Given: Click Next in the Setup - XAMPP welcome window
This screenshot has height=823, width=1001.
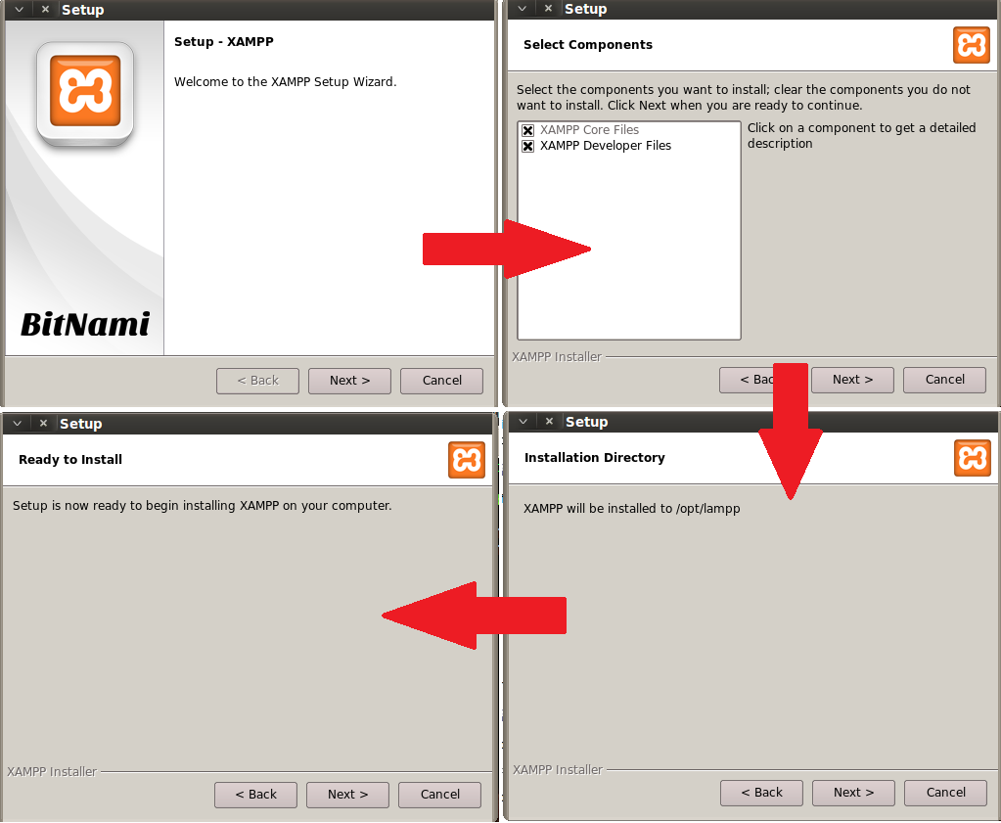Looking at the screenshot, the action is (349, 381).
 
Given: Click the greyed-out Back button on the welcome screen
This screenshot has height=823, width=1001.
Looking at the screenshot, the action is (257, 381).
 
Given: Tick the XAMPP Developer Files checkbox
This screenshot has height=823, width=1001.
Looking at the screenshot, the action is (528, 146).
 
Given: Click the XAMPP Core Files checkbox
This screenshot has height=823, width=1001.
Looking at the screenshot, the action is (528, 130).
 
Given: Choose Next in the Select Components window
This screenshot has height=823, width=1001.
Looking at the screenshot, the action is (852, 380).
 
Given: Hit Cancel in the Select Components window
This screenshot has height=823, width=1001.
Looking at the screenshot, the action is (944, 380).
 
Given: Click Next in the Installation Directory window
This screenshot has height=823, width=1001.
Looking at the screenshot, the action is (853, 793).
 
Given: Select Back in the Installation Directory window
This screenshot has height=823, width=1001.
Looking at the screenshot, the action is (761, 793).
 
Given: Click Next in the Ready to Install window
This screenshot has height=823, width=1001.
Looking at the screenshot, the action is (347, 795).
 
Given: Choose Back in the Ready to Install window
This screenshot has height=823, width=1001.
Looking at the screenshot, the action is (255, 795).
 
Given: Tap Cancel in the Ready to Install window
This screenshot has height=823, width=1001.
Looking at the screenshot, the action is (439, 795).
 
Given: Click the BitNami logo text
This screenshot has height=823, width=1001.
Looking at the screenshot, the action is (85, 324).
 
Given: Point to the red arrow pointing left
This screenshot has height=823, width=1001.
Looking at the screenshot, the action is (474, 616).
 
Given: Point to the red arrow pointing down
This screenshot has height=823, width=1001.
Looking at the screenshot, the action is (791, 431).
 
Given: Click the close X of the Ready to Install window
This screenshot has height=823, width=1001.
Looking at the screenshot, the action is (43, 423).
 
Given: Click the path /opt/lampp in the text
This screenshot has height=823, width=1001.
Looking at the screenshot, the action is (708, 509).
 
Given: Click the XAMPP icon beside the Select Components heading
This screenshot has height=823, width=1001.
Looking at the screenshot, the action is (972, 45).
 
